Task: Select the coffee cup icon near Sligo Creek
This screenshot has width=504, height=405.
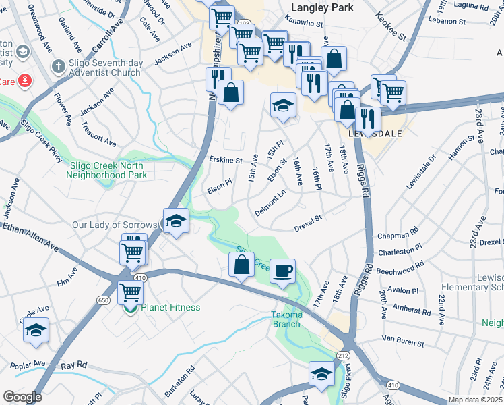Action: pos(282,270)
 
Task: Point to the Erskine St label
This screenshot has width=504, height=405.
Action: pos(226,161)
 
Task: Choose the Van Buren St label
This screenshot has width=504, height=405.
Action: pos(403,340)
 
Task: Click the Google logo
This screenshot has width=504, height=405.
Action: pos(22,397)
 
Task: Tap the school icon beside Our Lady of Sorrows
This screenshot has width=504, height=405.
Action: pos(176,221)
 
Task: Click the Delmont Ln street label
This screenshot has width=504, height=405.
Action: pos(270,203)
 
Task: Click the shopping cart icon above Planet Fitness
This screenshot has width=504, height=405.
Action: pos(129,293)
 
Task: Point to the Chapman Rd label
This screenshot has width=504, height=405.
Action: pos(399,236)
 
